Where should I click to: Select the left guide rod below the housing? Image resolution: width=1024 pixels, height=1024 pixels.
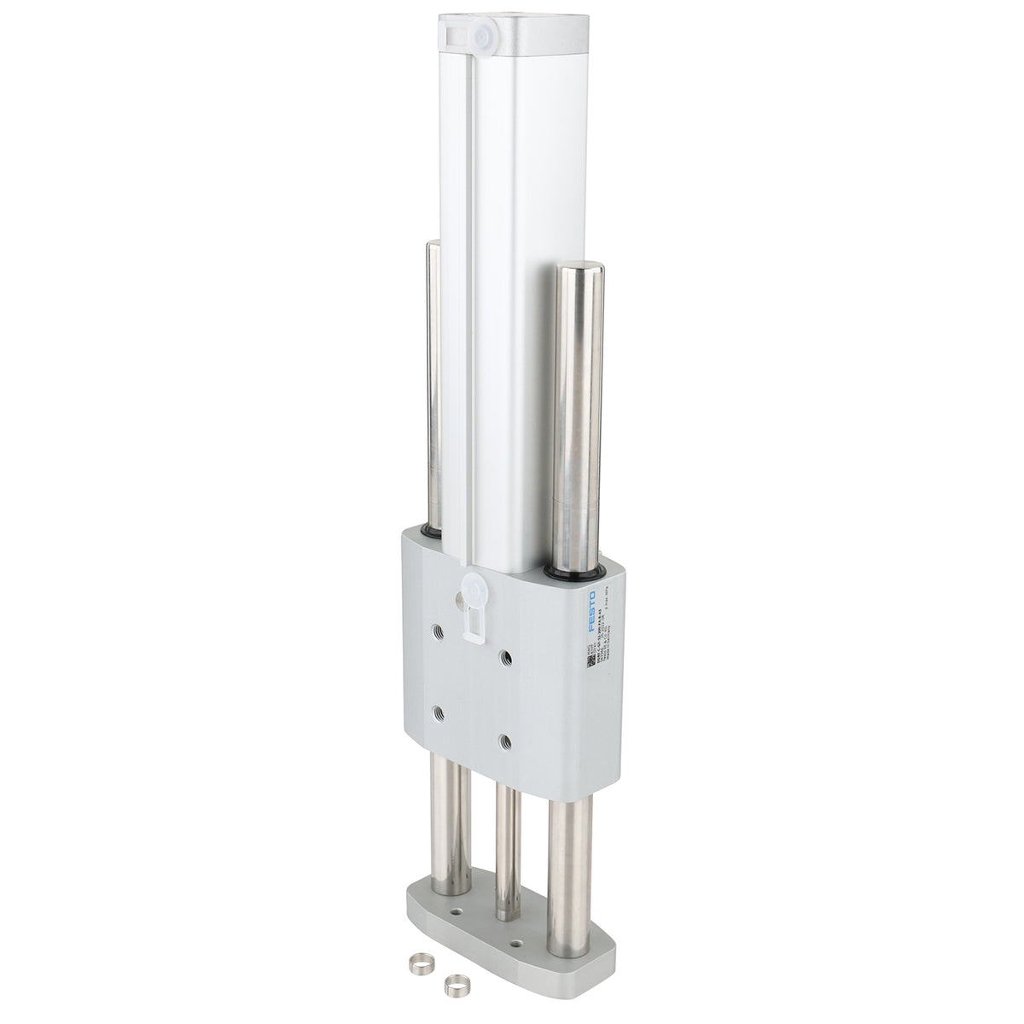pyautogui.click(x=453, y=832)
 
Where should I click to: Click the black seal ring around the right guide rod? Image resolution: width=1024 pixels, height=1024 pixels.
pyautogui.click(x=577, y=569)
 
